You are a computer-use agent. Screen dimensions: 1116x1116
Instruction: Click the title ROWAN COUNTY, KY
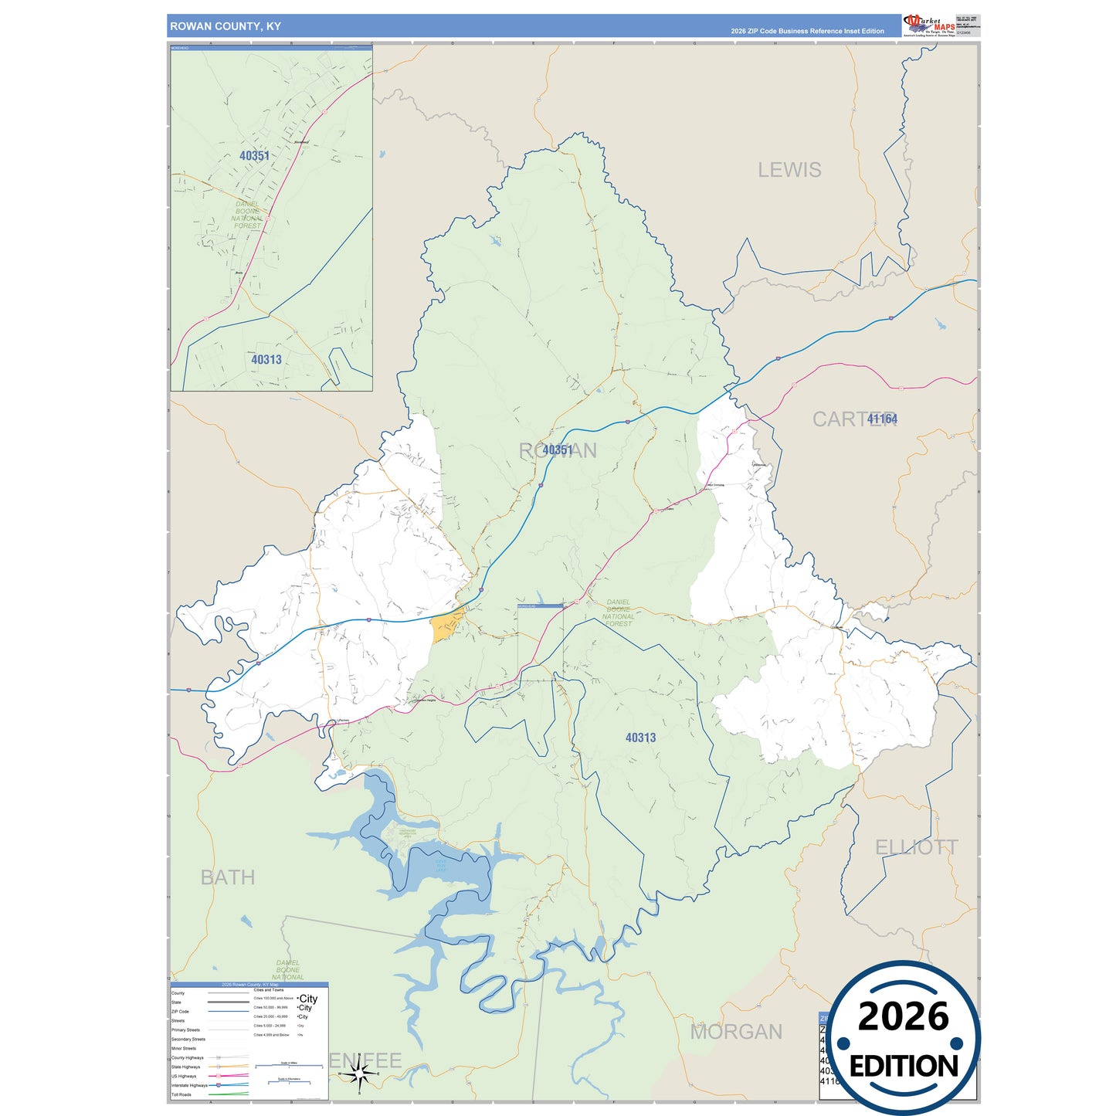click(x=226, y=26)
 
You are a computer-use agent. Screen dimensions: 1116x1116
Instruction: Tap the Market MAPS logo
click(x=929, y=25)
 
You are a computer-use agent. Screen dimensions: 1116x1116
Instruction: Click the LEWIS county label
click(x=789, y=170)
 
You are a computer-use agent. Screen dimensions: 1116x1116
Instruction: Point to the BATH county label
click(x=227, y=877)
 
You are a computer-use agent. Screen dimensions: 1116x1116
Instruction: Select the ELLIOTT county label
click(x=916, y=847)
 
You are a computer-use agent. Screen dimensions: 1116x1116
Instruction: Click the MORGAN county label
click(x=736, y=1032)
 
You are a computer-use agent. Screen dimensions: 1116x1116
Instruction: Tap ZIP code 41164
click(x=882, y=419)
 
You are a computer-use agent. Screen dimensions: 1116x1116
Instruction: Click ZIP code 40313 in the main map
click(x=640, y=738)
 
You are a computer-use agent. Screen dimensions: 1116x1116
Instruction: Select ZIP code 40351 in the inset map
click(x=254, y=156)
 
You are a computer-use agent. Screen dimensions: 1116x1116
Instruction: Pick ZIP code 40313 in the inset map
click(x=266, y=360)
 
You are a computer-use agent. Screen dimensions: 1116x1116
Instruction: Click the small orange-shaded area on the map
click(x=446, y=626)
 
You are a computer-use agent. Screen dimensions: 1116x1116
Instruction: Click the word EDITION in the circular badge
click(x=904, y=1067)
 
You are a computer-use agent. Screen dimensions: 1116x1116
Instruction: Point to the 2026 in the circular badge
click(x=904, y=1016)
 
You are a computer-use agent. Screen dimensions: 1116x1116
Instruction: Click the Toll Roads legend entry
click(x=181, y=1094)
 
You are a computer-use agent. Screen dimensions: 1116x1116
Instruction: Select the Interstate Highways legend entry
click(x=189, y=1085)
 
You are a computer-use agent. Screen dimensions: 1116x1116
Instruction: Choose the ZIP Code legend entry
click(x=180, y=1012)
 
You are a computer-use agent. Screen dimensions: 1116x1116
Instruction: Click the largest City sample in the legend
click(x=308, y=999)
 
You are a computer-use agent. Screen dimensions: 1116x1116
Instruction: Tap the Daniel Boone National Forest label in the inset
click(x=247, y=215)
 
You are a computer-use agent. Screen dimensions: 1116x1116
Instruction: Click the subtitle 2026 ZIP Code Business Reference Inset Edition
click(x=807, y=32)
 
